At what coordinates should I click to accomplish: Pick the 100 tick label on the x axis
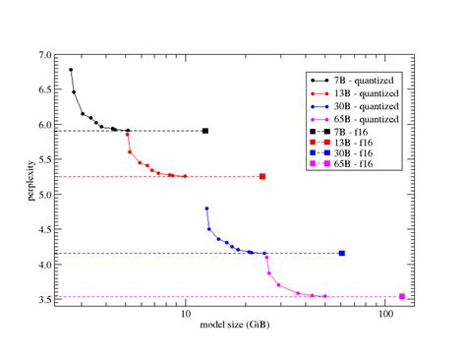point(385,314)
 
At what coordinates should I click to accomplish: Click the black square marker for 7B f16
point(204,131)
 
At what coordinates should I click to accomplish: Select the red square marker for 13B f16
point(262,177)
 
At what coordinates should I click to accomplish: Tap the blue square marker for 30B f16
point(341,254)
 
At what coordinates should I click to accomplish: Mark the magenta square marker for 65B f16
point(402,296)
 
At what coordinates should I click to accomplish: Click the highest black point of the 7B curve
point(71,70)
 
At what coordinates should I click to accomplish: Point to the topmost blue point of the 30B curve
point(206,209)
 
